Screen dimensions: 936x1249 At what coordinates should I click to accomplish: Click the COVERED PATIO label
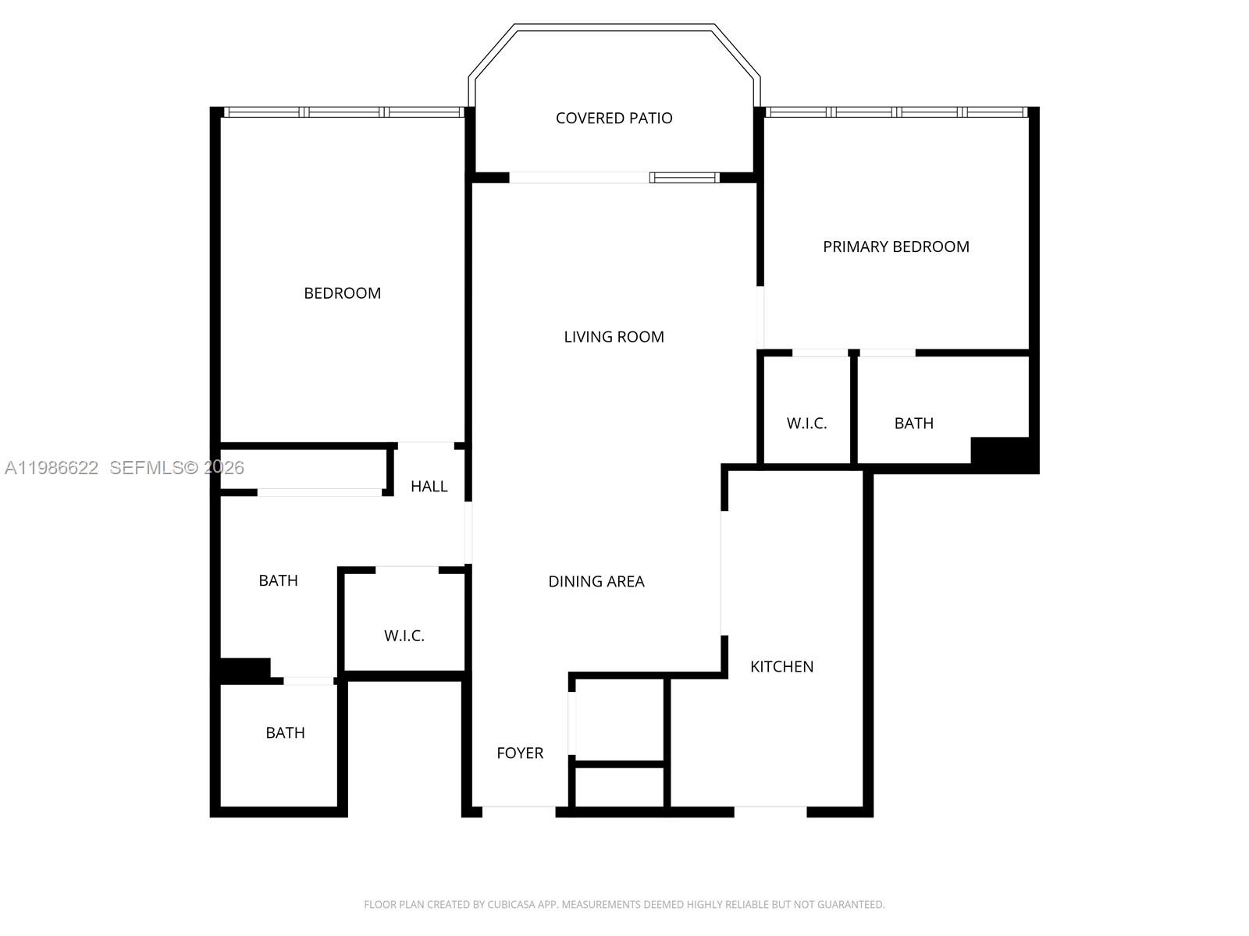pyautogui.click(x=614, y=119)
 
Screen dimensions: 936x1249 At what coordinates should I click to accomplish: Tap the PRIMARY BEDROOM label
pyautogui.click(x=895, y=247)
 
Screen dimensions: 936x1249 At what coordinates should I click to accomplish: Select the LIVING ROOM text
pyautogui.click(x=614, y=337)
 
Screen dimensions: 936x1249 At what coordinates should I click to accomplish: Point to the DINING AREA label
pyautogui.click(x=596, y=582)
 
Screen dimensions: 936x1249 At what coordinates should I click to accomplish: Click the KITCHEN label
pyautogui.click(x=781, y=667)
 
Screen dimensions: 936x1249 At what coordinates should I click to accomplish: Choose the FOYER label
pyautogui.click(x=520, y=753)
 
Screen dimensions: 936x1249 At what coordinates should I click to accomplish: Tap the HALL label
pyautogui.click(x=429, y=487)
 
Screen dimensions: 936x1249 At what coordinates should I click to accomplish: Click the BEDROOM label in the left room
pyautogui.click(x=342, y=293)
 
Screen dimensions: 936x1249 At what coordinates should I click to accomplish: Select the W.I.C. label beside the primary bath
pyautogui.click(x=806, y=424)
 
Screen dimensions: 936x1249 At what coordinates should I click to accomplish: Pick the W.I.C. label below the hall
pyautogui.click(x=404, y=636)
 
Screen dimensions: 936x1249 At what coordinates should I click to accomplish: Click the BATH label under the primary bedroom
pyautogui.click(x=913, y=424)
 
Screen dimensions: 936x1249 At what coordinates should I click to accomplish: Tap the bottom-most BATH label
pyautogui.click(x=285, y=733)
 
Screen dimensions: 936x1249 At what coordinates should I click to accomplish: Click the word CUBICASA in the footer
pyautogui.click(x=509, y=905)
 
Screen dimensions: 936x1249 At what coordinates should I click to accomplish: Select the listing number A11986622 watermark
pyautogui.click(x=52, y=468)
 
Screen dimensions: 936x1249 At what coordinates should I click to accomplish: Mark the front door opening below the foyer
pyautogui.click(x=518, y=812)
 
